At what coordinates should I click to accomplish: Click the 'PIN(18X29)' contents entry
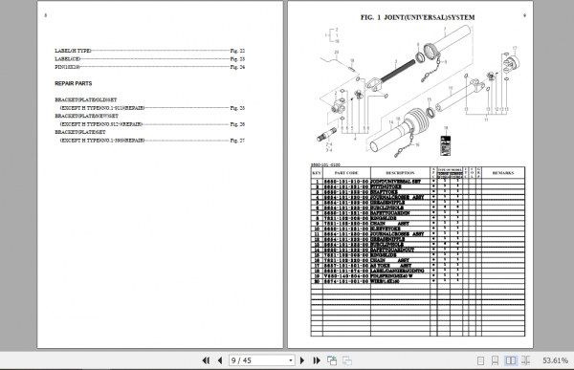(70, 67)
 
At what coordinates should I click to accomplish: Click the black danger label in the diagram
(445, 146)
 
